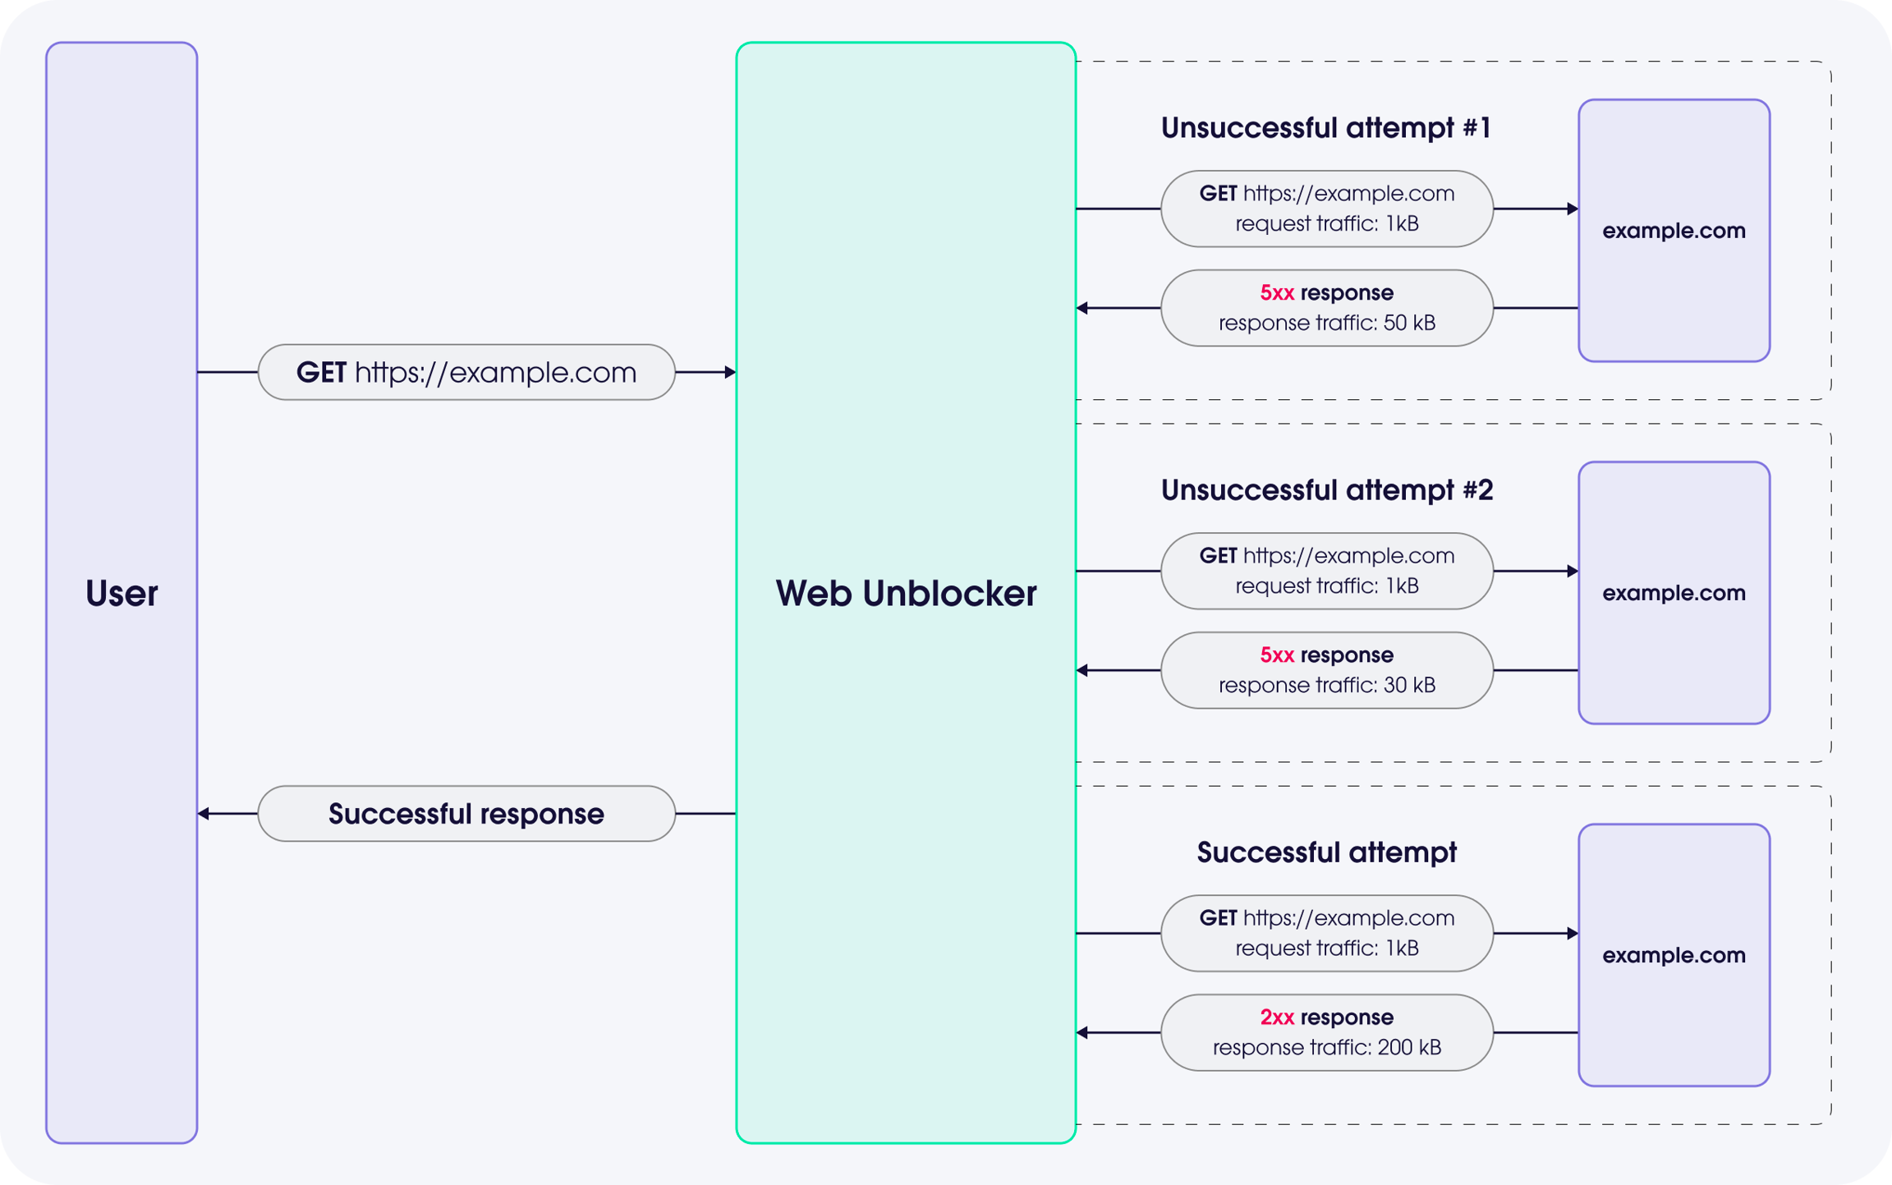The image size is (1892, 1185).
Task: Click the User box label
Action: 122,593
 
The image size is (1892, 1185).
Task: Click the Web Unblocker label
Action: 906,593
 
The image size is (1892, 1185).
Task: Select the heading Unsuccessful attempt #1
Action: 1325,128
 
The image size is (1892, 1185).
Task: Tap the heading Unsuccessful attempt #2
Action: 1326,490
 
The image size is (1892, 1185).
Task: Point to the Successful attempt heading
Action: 1326,852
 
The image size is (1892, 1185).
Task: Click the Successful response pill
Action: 466,814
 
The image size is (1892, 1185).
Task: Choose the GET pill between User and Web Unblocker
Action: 466,372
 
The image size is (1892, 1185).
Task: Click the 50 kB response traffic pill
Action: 1327,308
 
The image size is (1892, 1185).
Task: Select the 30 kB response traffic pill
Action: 1327,670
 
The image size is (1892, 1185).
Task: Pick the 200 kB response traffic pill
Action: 1327,1032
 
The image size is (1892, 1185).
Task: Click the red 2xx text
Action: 1277,1017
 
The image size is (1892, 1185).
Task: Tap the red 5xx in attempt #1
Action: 1277,293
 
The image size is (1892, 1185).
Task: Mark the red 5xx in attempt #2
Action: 1277,655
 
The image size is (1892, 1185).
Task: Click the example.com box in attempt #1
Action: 1674,231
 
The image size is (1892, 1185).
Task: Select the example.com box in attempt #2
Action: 1674,593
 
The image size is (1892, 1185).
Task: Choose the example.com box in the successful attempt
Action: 1674,955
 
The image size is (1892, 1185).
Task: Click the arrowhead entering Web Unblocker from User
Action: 730,372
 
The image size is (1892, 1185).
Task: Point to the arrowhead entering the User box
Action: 204,814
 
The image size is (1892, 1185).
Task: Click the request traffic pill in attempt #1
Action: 1327,209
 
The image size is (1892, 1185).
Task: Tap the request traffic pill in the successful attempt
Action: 1327,933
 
